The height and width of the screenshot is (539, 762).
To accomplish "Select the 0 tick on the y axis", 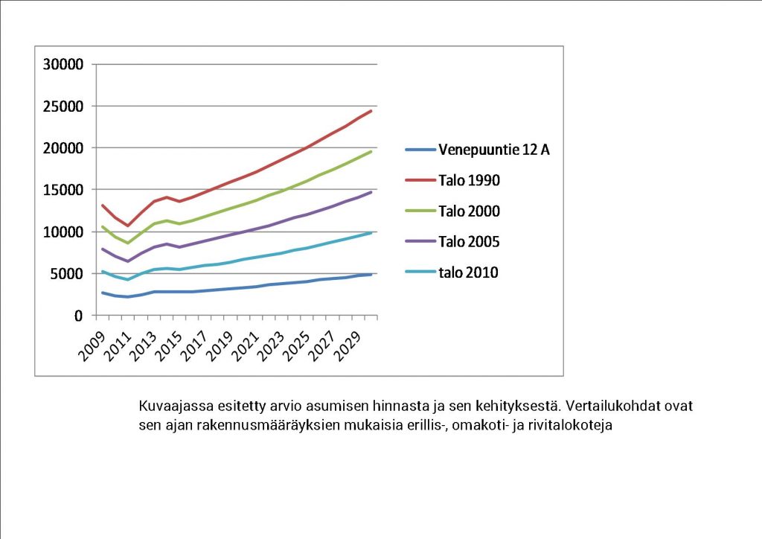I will (x=77, y=316).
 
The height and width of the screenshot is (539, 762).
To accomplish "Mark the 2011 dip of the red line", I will (x=128, y=226).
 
